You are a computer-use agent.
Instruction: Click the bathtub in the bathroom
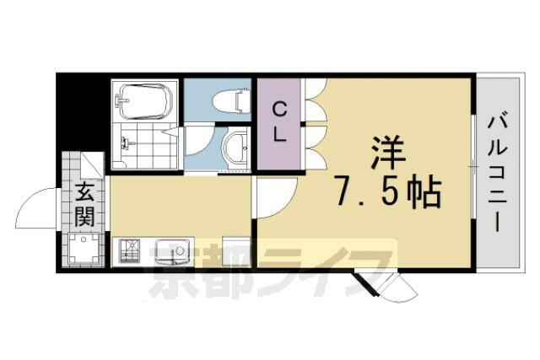click(x=145, y=101)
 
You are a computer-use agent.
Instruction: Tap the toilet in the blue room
click(x=231, y=100)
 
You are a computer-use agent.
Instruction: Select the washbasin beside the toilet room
click(x=235, y=148)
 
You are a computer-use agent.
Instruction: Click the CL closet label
click(x=280, y=123)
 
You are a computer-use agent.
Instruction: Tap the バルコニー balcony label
click(x=498, y=173)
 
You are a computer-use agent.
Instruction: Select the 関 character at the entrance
click(x=84, y=217)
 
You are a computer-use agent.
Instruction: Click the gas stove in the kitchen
click(x=129, y=251)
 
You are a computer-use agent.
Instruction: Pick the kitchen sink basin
click(x=171, y=252)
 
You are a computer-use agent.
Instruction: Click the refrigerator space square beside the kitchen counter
click(x=236, y=251)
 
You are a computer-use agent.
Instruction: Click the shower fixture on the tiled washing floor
click(x=124, y=142)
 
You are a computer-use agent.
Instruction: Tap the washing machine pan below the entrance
click(x=84, y=250)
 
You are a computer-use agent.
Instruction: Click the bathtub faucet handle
click(x=122, y=100)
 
